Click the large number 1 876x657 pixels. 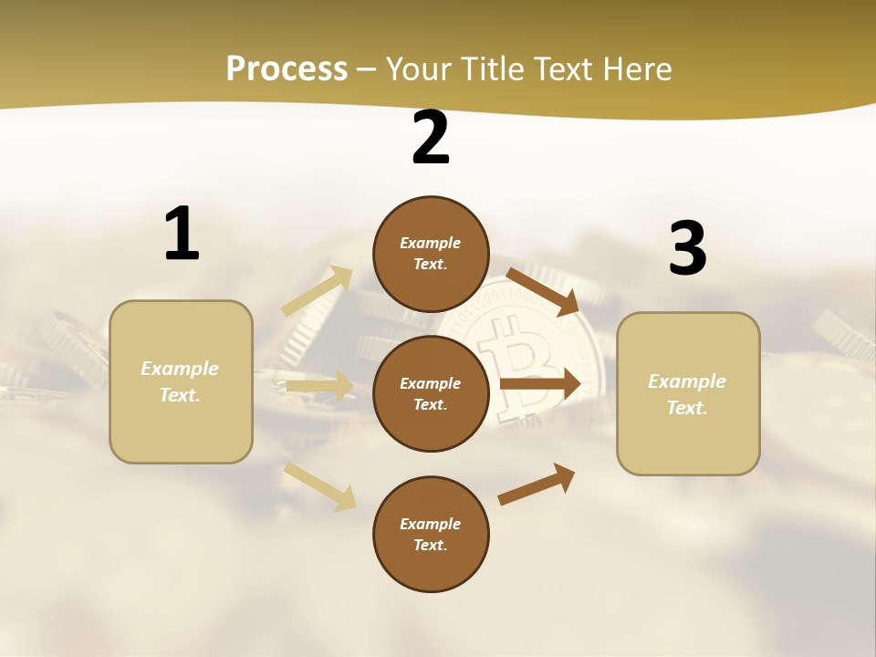click(182, 235)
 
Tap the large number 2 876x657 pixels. click(431, 139)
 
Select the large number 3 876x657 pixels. click(687, 249)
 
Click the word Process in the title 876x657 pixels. click(287, 68)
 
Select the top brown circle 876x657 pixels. click(431, 254)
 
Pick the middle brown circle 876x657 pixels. click(431, 393)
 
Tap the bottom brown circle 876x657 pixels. click(431, 534)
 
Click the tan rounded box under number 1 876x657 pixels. click(181, 381)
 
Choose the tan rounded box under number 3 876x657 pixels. click(688, 393)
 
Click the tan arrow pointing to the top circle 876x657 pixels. click(318, 291)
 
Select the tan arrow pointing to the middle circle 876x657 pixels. click(319, 387)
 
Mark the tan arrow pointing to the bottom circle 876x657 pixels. click(319, 486)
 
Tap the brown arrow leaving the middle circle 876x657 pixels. click(540, 383)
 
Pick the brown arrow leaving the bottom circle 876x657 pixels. click(537, 484)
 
